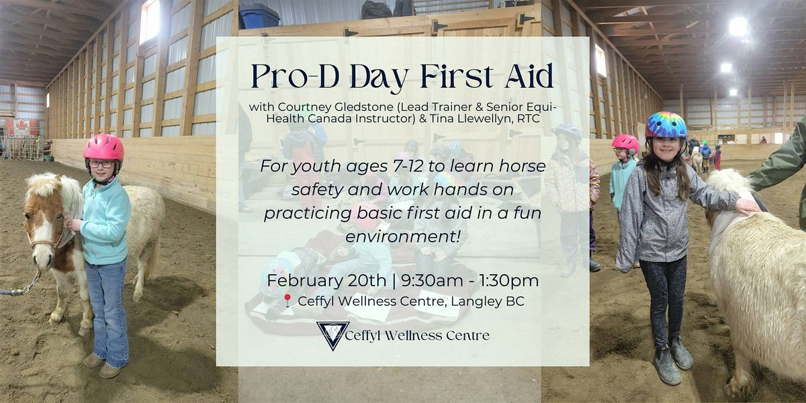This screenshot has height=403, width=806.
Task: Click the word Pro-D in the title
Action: [x=295, y=77]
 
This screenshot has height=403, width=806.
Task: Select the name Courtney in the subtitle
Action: [x=300, y=107]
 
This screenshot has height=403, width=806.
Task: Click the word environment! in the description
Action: [x=402, y=236]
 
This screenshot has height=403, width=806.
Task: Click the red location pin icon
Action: [x=287, y=300]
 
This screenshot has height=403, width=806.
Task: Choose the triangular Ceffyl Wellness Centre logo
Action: [x=333, y=335]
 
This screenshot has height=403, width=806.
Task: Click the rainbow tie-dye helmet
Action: [x=666, y=125]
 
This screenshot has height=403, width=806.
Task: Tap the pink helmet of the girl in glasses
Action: [x=103, y=147]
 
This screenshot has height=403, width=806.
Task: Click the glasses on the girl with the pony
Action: [x=101, y=164]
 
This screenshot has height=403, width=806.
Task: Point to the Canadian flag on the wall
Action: [x=21, y=127]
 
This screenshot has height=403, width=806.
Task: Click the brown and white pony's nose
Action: [x=42, y=258]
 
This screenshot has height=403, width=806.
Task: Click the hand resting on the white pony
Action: [x=747, y=206]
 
